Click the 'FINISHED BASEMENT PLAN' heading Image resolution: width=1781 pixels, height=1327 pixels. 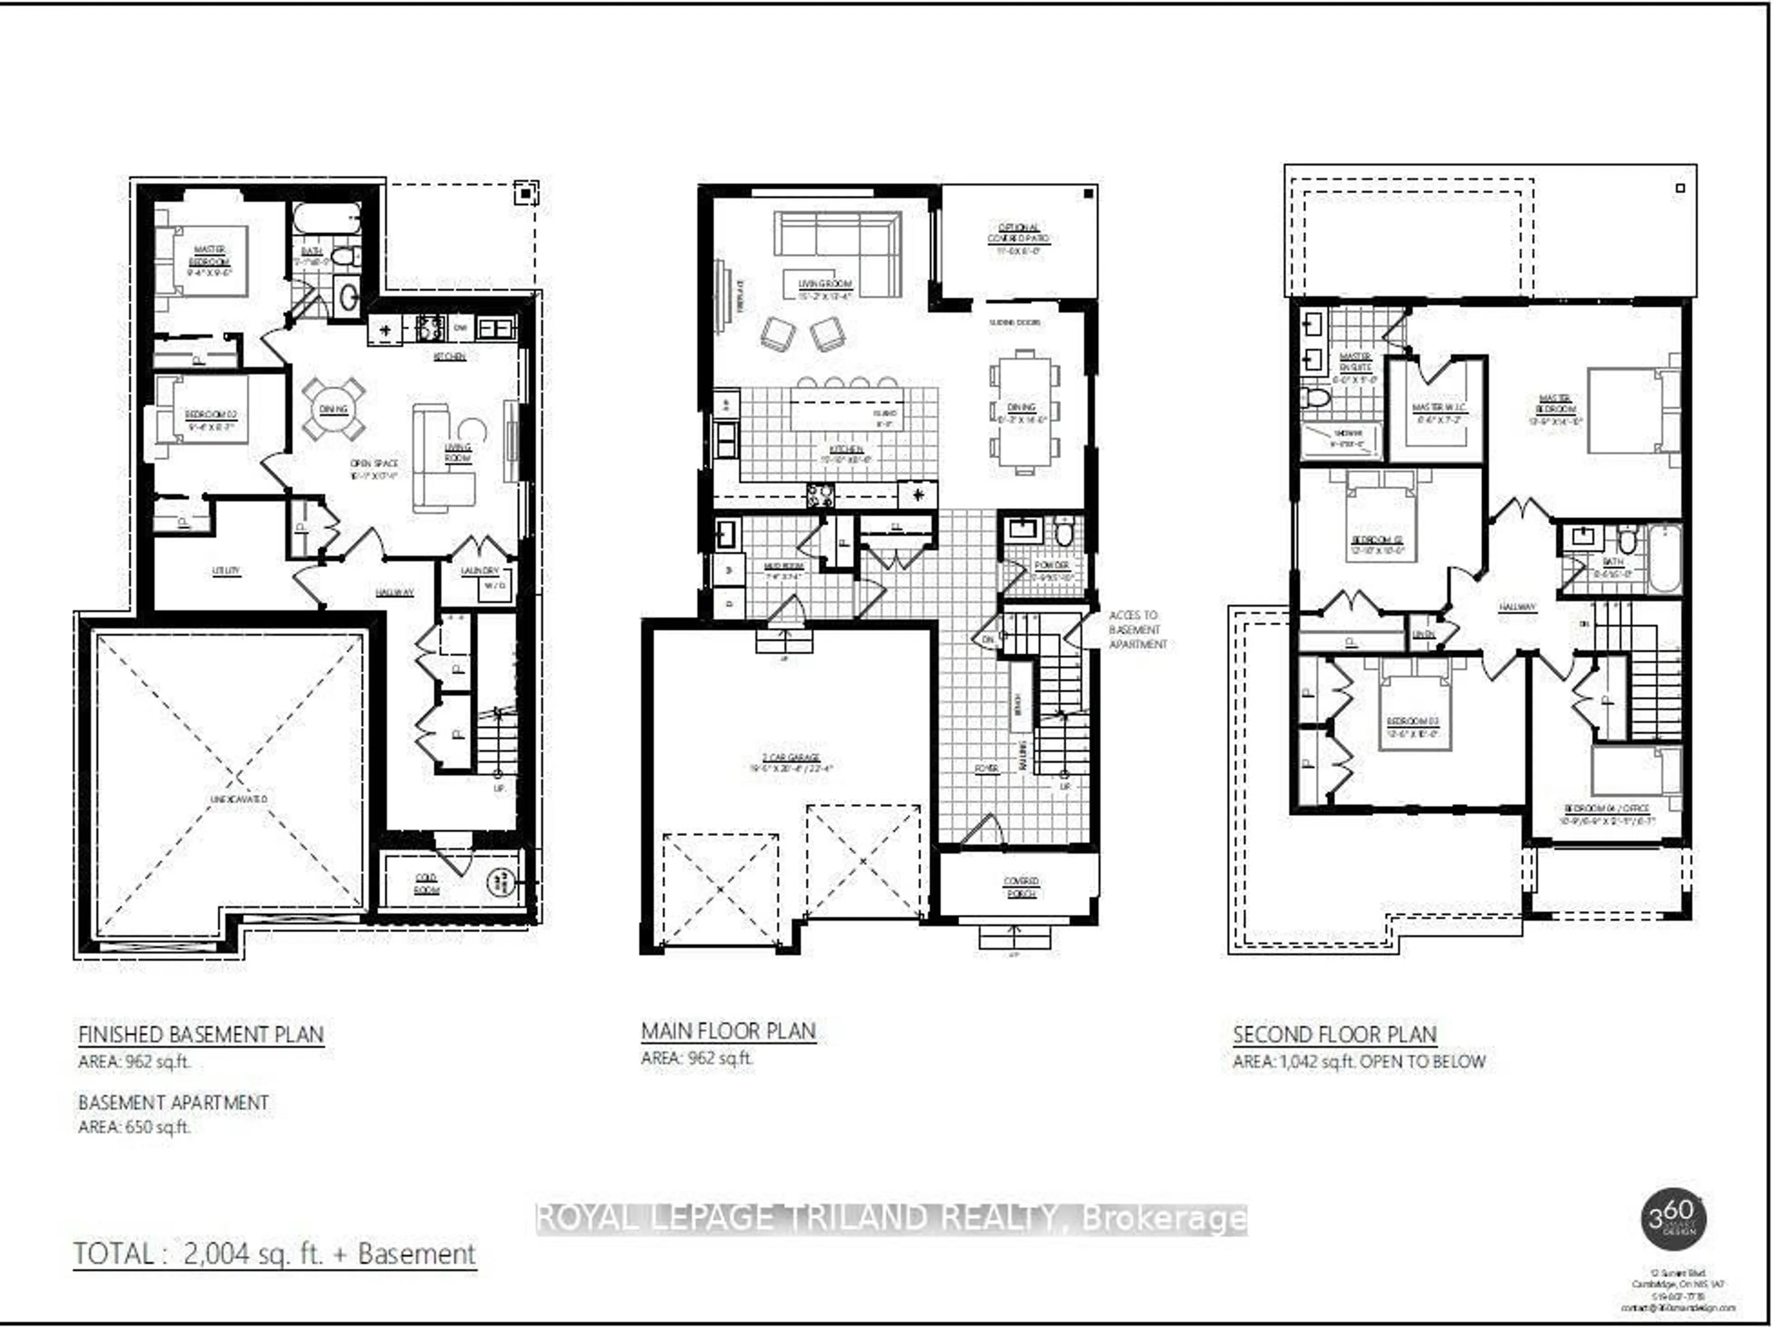click(201, 1035)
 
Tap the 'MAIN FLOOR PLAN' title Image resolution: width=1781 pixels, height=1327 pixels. click(728, 1032)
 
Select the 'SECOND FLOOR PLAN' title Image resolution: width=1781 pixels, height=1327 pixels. click(1334, 1035)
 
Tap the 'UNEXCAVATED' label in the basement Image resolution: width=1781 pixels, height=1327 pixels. click(238, 799)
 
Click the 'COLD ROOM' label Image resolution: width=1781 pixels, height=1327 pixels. click(427, 884)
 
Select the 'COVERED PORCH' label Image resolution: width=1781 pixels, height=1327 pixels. click(1020, 887)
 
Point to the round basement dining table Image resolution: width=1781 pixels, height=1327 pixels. click(333, 410)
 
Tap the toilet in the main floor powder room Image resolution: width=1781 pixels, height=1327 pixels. click(1063, 532)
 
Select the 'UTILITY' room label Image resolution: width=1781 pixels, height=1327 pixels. click(226, 571)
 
